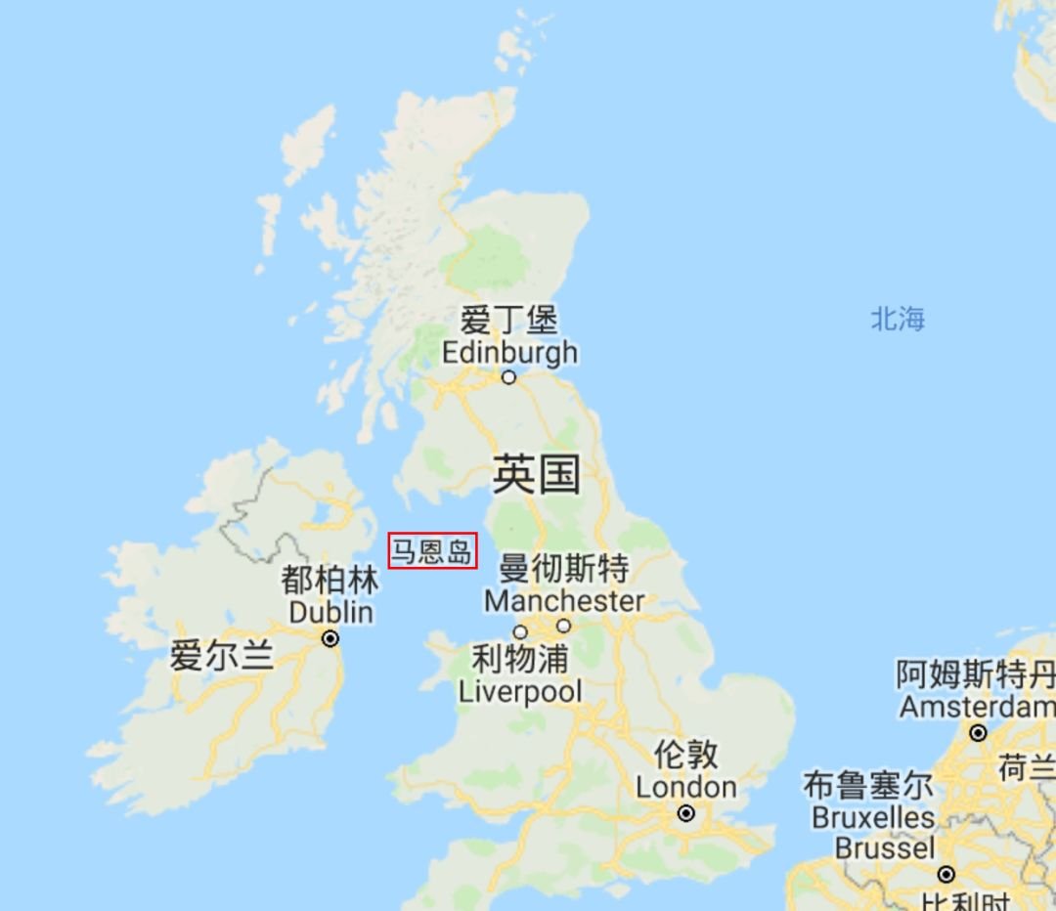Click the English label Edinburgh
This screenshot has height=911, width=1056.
click(509, 352)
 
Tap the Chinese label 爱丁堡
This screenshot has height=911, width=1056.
click(508, 320)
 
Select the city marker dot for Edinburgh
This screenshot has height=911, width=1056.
click(508, 377)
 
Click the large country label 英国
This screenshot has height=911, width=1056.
click(536, 474)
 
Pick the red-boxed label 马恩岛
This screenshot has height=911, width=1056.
click(432, 551)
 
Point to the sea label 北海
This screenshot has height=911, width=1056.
click(898, 319)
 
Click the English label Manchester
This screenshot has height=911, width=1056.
click(564, 600)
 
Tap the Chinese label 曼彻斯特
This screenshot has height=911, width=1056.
click(564, 568)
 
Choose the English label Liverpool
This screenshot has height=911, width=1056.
click(520, 692)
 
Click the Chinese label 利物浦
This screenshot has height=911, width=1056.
click(520, 659)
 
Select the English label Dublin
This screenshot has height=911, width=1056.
click(330, 613)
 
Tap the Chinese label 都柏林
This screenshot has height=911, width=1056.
click(330, 581)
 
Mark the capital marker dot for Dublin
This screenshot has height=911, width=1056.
click(330, 638)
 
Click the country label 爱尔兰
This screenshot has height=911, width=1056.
click(222, 655)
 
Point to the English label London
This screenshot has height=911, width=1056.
click(686, 787)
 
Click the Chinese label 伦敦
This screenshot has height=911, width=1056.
click(686, 754)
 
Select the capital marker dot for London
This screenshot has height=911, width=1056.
click(686, 813)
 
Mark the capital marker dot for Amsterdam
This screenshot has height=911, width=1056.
click(978, 732)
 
